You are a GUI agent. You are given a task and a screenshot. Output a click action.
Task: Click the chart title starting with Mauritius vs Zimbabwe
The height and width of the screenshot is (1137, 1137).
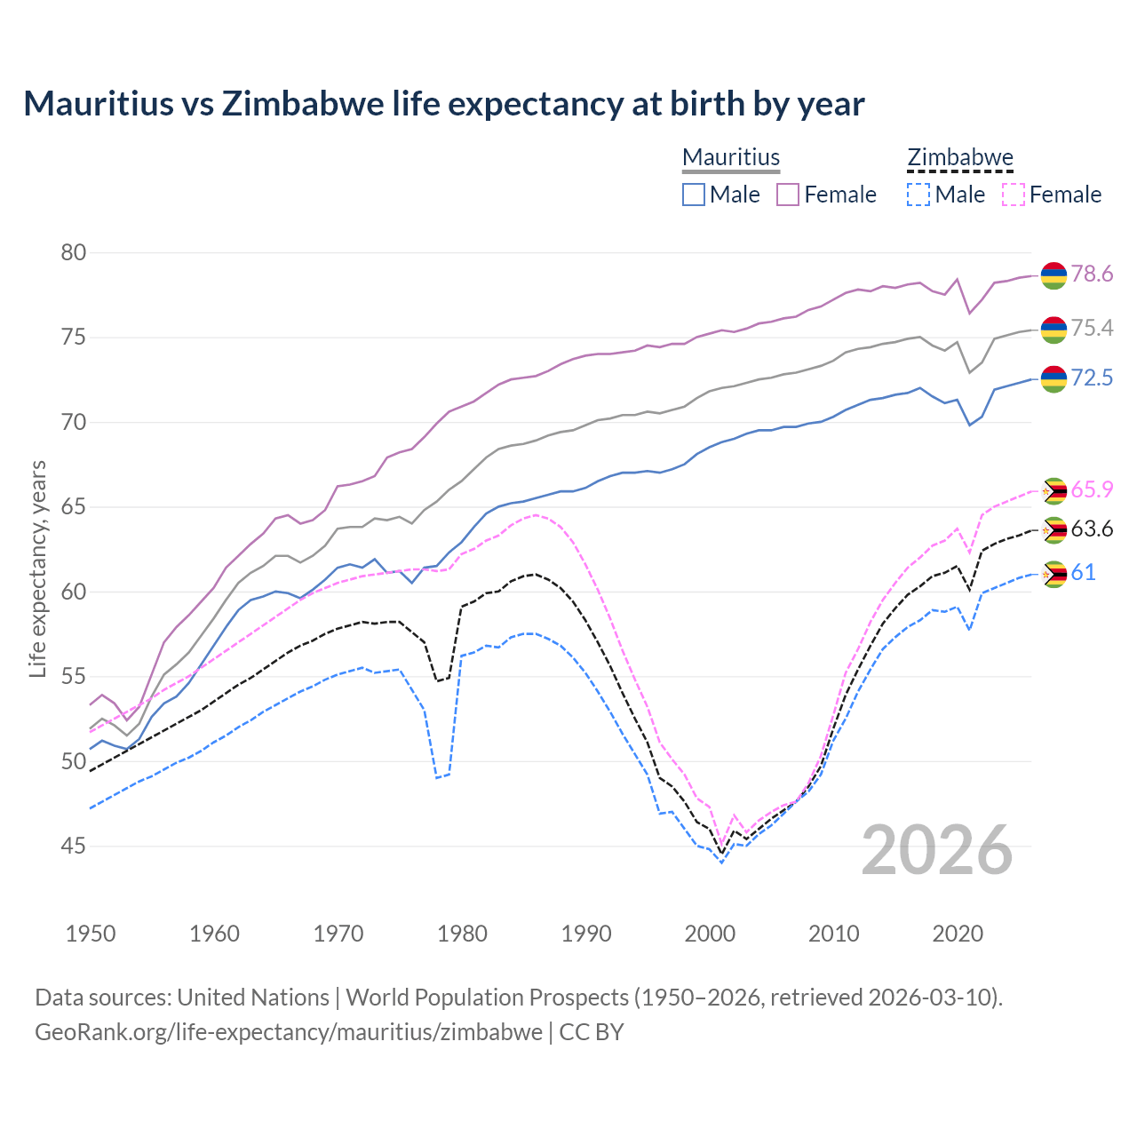pos(443,104)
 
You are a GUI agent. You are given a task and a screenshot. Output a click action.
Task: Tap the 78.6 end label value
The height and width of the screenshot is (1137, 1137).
pos(1092,274)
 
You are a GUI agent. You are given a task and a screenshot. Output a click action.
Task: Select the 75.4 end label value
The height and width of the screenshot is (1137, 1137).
pos(1092,329)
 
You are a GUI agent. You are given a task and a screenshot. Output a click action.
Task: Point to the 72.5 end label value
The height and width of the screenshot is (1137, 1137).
pos(1092,378)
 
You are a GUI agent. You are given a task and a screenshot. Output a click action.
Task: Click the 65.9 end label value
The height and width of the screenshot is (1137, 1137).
pos(1092,490)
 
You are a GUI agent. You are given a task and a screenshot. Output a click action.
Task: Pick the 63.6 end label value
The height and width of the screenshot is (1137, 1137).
pos(1092,530)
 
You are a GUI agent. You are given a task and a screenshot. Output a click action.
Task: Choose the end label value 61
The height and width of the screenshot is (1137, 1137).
pos(1083,573)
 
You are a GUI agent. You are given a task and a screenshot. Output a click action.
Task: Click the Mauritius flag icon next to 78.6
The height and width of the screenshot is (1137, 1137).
pos(1054,275)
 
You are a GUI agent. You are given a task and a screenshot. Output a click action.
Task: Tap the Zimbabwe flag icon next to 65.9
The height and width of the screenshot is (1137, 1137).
pos(1054,490)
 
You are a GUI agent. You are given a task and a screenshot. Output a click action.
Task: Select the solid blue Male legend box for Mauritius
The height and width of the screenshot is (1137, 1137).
pos(694,195)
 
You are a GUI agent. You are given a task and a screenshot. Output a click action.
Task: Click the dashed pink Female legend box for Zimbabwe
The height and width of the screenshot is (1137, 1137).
pos(1014,195)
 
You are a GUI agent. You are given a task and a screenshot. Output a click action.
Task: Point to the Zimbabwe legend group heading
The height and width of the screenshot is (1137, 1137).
pos(960,158)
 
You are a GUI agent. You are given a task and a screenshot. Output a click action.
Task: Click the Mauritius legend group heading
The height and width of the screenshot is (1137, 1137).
pos(731,158)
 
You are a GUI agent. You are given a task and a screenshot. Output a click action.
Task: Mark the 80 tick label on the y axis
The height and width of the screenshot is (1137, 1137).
pos(74,253)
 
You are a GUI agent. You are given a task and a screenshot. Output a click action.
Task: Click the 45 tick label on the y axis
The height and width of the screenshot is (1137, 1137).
pos(74,847)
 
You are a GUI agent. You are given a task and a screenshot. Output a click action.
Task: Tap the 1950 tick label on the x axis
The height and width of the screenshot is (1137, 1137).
pos(91,934)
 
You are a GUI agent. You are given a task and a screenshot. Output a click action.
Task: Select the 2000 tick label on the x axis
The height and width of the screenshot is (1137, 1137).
pos(710,934)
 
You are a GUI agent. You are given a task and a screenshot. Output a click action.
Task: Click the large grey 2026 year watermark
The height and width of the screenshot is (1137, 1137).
pos(937,850)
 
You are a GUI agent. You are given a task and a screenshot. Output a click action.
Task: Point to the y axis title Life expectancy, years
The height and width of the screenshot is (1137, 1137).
pos(38,568)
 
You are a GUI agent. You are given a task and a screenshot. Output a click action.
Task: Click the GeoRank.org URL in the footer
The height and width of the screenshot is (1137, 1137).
pos(289,1032)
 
